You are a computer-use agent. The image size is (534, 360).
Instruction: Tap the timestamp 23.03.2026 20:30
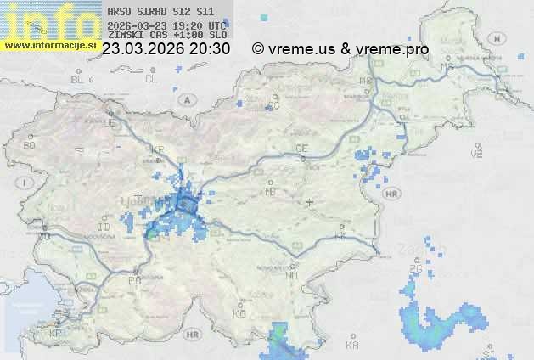166,49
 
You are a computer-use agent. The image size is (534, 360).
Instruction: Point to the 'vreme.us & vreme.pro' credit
348,49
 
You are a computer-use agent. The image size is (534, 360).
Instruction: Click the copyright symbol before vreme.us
258,49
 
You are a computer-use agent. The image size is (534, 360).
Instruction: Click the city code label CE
301,149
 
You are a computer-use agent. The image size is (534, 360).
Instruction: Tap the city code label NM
292,275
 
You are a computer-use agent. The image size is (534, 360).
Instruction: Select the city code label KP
56,334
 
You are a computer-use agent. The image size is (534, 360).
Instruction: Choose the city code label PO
133,279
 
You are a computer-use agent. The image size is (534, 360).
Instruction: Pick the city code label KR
156,149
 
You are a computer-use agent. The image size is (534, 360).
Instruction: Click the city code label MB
367,81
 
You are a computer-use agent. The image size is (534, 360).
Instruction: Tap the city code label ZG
415,269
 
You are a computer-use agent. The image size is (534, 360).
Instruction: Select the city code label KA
352,345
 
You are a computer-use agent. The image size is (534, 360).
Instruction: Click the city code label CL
151,79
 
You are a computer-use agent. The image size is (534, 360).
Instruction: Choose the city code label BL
77,79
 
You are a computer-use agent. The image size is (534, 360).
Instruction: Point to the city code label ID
104,228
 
